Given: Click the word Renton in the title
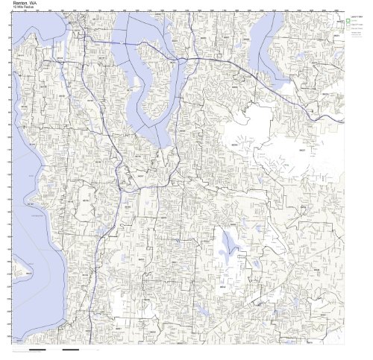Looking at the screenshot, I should [x=19, y=3].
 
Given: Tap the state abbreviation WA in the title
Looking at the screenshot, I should [x=35, y=3].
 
